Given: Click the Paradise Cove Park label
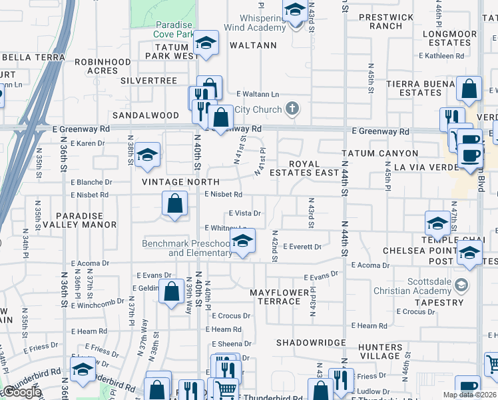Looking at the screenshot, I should coord(164,28).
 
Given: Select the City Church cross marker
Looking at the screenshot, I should coord(292,109).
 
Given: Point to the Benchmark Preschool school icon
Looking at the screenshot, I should coord(242,241).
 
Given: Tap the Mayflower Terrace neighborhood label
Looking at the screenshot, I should coord(275,297).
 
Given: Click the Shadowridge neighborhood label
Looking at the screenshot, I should coord(312,343).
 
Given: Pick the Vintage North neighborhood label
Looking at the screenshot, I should coord(180,181).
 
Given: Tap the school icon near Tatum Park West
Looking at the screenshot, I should coord(206,43).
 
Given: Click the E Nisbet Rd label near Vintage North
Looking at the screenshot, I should coord(223,195).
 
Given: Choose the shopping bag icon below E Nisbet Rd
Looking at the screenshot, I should coord(174,203).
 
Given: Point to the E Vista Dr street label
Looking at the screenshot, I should coord(244,213).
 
